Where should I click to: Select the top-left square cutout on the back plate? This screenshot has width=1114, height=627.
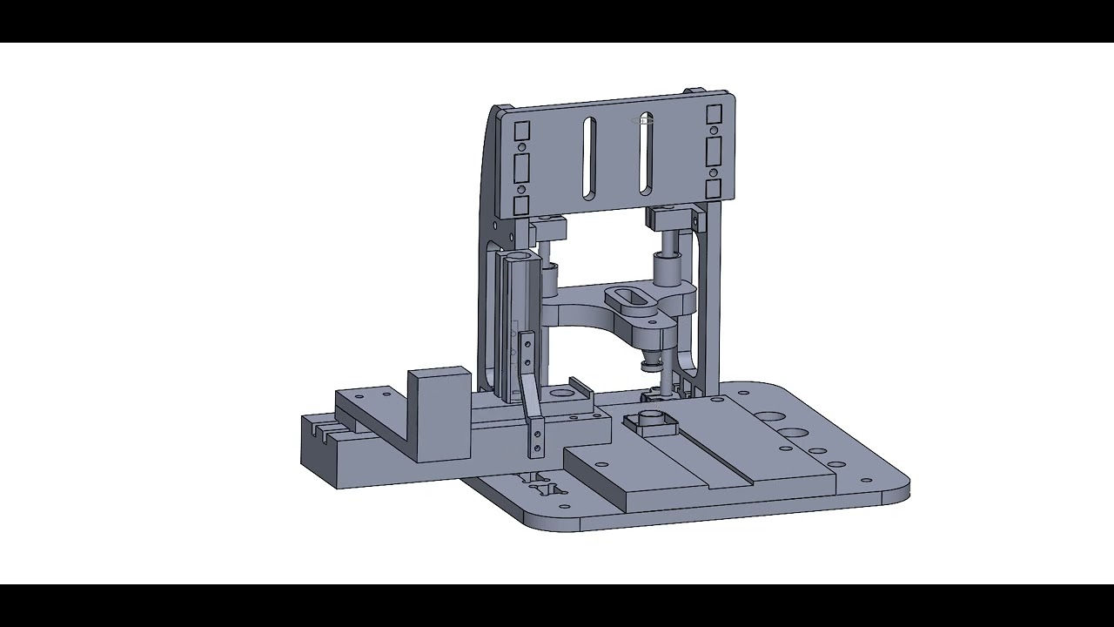click(x=522, y=131)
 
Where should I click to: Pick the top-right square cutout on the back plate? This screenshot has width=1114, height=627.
click(x=715, y=115)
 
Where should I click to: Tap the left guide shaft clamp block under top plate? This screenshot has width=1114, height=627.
click(x=548, y=228)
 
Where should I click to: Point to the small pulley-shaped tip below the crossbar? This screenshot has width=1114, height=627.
click(x=649, y=362)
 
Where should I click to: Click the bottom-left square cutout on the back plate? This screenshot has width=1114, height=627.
click(x=522, y=206)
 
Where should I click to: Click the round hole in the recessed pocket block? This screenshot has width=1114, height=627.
click(x=557, y=394)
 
